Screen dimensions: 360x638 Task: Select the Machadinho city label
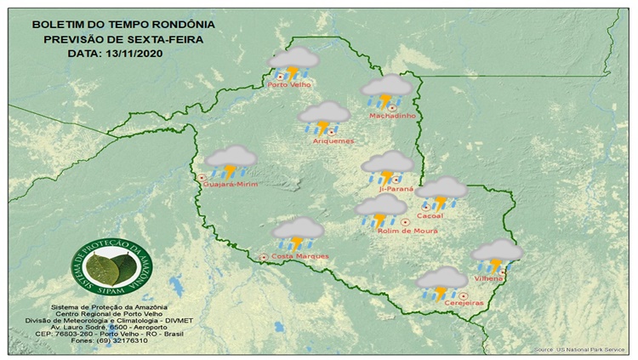point(390,116)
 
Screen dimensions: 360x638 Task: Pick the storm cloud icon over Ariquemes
point(324,117)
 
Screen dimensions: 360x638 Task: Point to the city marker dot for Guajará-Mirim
point(202,177)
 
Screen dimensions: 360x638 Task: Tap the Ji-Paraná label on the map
point(396,189)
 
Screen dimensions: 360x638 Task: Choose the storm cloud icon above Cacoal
point(441,192)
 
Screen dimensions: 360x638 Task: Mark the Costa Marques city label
point(300,256)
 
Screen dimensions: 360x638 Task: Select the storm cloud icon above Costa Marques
point(298,231)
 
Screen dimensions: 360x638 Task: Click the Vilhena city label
point(487,277)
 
